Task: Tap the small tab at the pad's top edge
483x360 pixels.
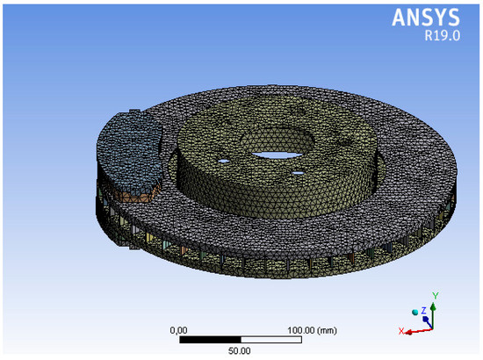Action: pyautogui.click(x=133, y=111)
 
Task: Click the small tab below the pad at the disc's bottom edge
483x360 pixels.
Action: pyautogui.click(x=132, y=248)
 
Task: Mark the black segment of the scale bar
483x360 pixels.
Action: pyautogui.click(x=210, y=338)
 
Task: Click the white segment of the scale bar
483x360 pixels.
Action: pyautogui.click(x=271, y=338)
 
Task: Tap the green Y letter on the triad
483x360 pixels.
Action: pyautogui.click(x=436, y=296)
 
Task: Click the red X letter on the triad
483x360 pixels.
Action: pyautogui.click(x=400, y=331)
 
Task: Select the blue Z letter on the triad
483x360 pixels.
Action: pyautogui.click(x=422, y=310)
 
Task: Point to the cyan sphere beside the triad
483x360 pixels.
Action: pyautogui.click(x=415, y=312)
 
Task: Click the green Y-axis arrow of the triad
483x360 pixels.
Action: pyautogui.click(x=429, y=309)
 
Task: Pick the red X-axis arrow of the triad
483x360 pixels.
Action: pyautogui.click(x=413, y=328)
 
